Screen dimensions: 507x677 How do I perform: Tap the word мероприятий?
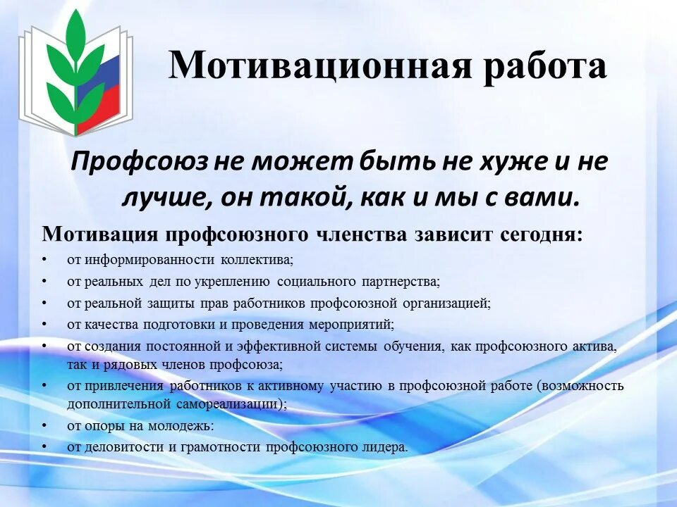coord(351,325)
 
